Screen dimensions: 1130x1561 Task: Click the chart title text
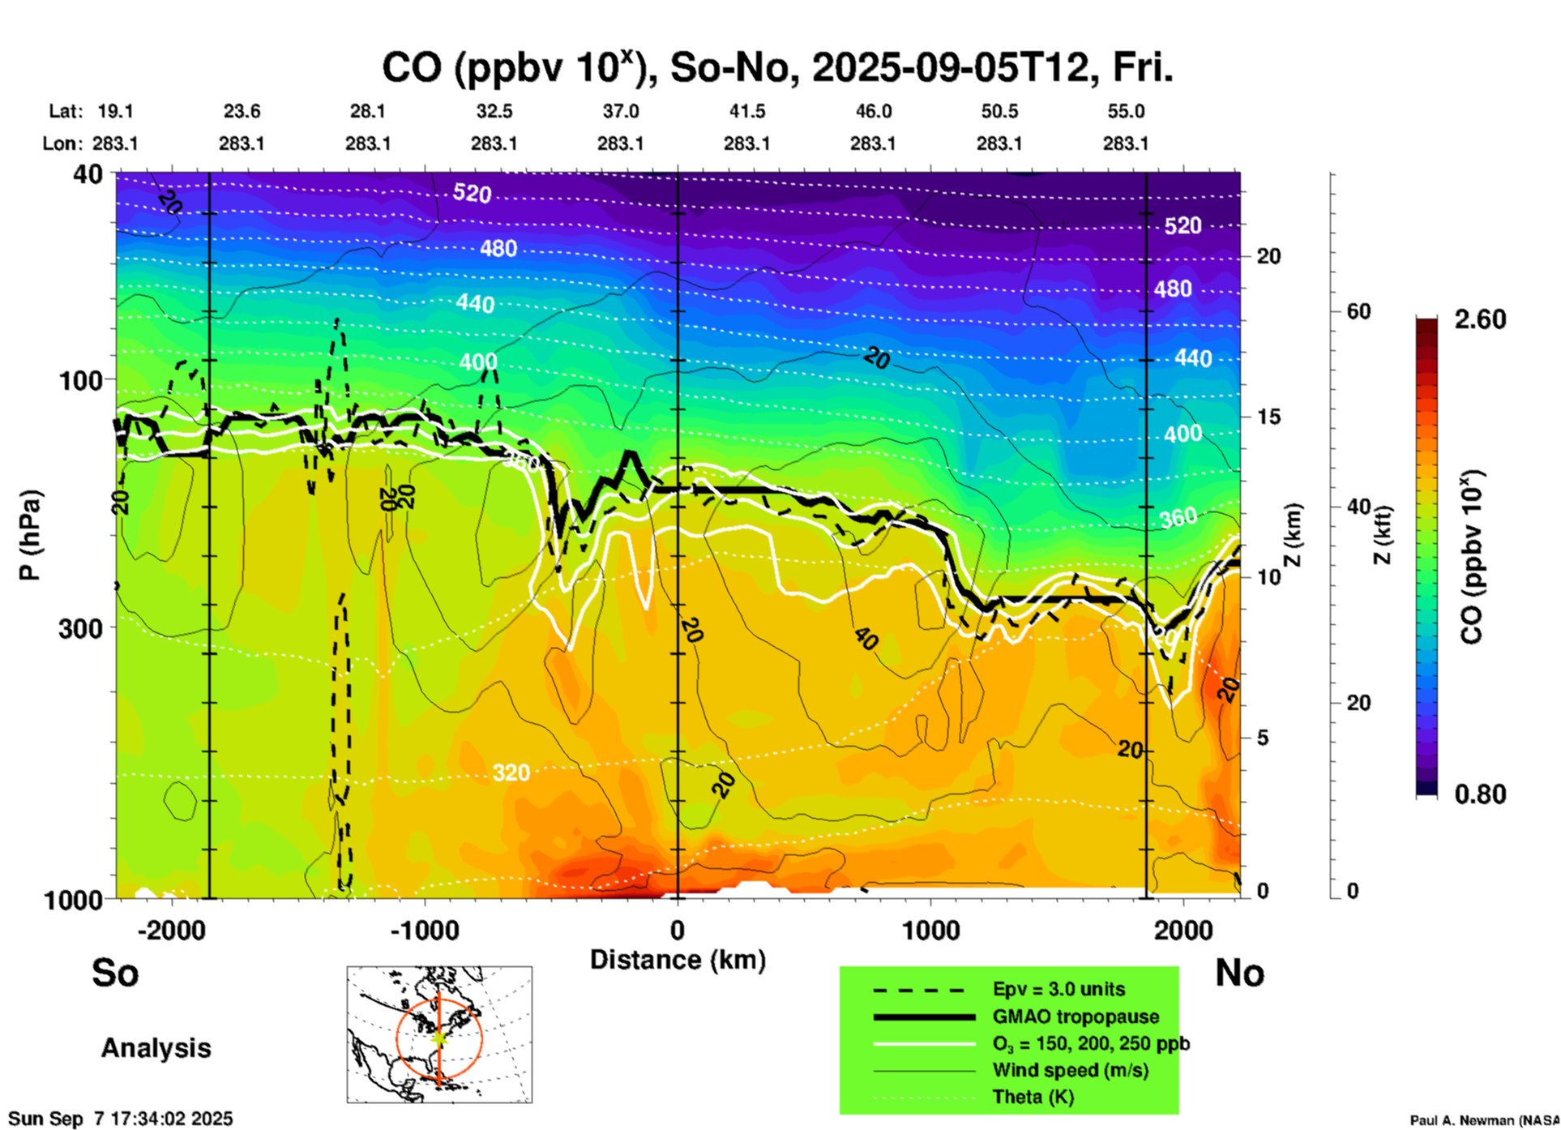776,68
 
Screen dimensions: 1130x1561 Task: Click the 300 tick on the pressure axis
81,628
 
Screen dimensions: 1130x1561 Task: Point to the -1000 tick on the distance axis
425,931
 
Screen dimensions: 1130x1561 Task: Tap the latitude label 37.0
620,111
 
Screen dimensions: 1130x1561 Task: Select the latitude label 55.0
1125,111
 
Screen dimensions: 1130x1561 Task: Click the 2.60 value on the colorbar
1480,319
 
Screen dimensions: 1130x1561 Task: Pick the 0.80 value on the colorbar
1480,794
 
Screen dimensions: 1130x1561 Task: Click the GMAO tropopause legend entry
1076,1017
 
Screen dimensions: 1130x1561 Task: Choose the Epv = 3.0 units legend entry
1058,990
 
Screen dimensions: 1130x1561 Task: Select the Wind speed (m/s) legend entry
1070,1070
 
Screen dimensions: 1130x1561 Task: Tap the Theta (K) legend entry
1033,1097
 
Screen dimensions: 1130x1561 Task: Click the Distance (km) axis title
678,960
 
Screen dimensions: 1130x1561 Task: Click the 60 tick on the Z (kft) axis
1359,311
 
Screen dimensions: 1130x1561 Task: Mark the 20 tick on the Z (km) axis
1268,256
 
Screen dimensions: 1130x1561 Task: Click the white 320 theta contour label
511,773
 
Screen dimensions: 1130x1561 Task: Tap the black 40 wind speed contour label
866,639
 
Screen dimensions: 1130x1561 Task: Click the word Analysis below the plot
156,1048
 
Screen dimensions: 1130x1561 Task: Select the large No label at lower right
1239,973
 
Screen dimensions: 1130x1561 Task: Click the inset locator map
439,1034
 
